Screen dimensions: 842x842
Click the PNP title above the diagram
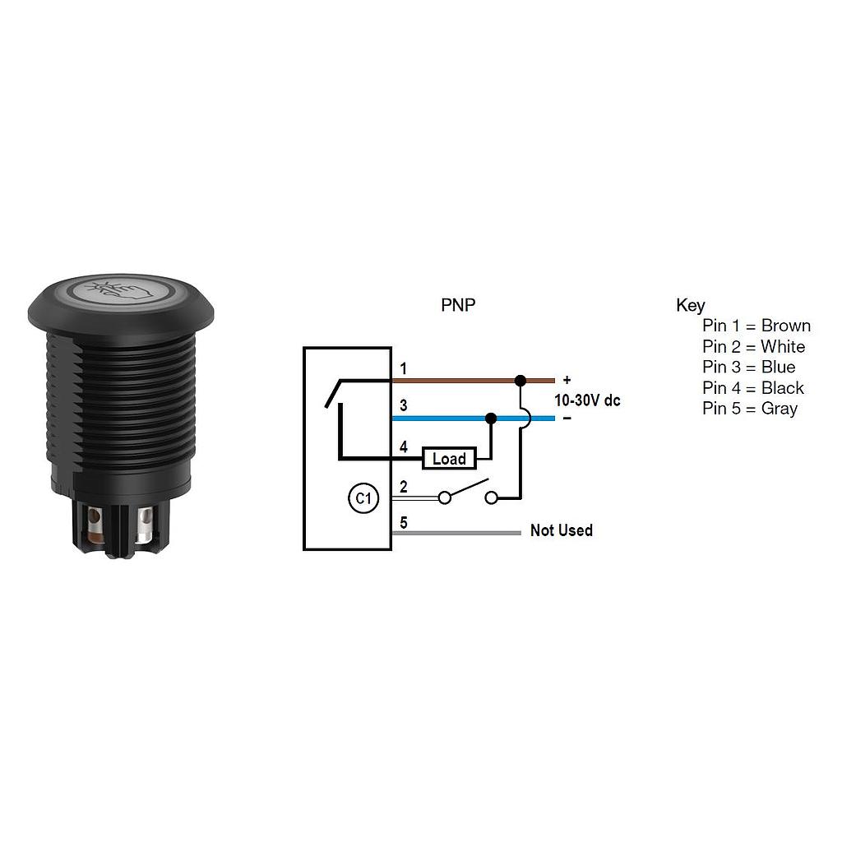tap(458, 305)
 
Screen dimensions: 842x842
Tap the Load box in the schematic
tap(449, 459)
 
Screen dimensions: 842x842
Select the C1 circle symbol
tap(363, 498)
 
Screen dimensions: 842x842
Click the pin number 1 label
tap(403, 369)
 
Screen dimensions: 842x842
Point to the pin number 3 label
tap(403, 405)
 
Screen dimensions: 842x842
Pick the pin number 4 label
tap(403, 446)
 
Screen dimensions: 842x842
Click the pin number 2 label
tap(403, 487)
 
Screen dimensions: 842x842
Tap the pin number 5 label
tap(403, 522)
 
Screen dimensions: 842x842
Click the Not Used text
tap(561, 530)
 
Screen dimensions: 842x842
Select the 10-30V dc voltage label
tap(587, 400)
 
